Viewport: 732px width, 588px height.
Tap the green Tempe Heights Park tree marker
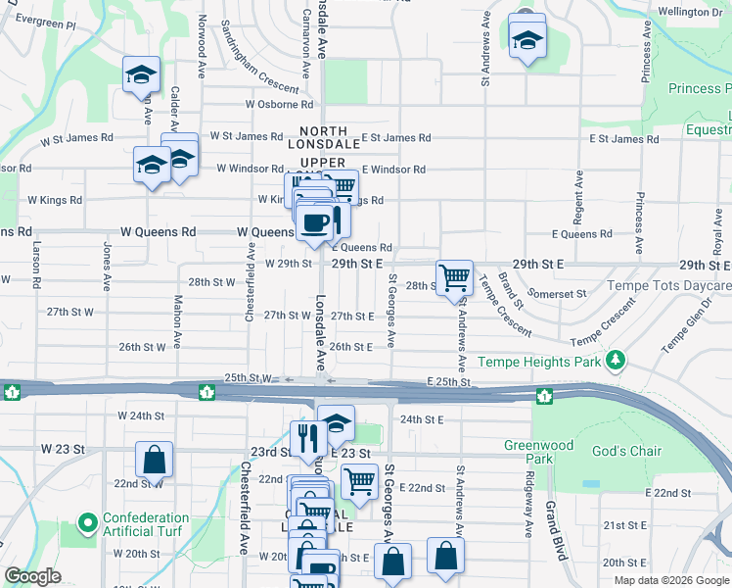pos(616,361)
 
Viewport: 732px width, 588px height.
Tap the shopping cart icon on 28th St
pos(454,277)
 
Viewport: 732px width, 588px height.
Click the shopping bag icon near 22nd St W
pos(154,459)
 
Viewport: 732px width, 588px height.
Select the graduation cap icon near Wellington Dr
pos(527,40)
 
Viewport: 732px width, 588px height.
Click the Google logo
pos(32,576)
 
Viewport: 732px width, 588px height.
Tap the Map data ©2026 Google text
pos(670,580)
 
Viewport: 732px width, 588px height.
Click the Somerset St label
pos(556,293)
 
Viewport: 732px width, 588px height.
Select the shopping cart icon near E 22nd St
pos(359,481)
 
